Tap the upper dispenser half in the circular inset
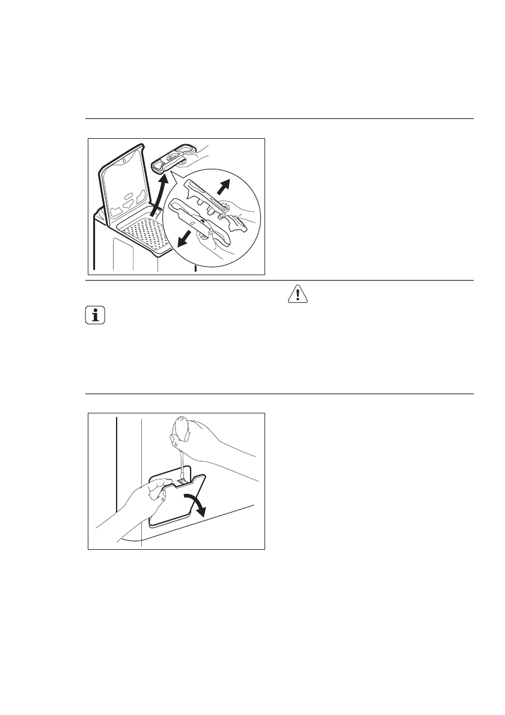click(207, 195)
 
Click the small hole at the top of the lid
click(124, 160)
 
